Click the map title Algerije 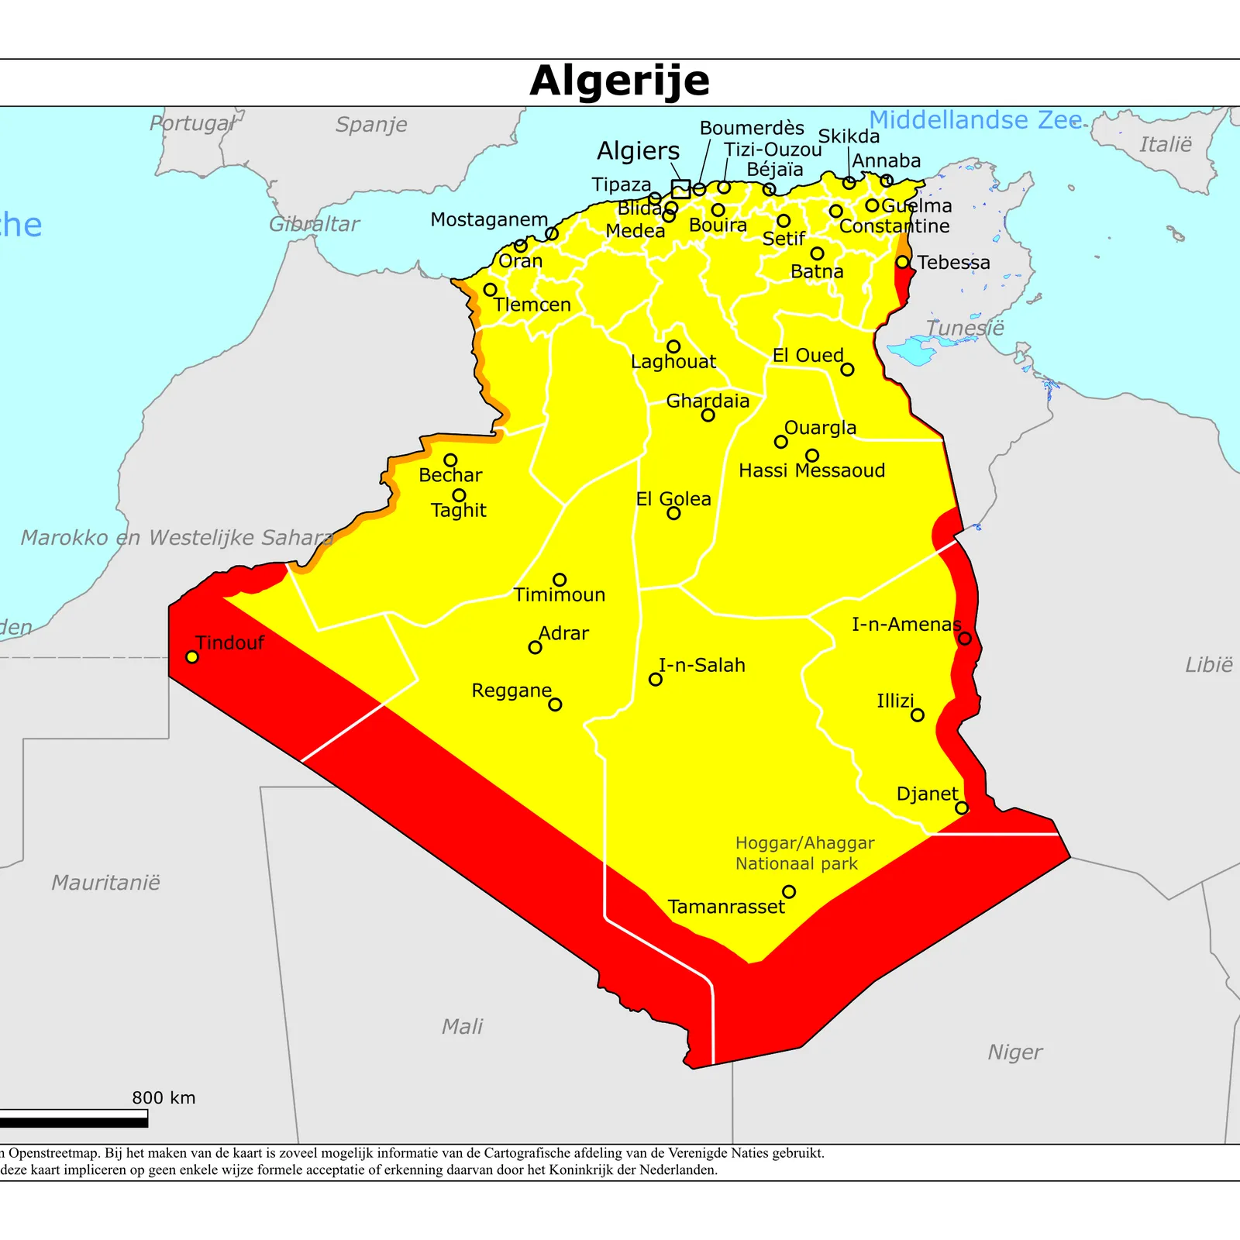[x=619, y=81]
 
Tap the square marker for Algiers [x=680, y=189]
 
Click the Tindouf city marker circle [x=192, y=657]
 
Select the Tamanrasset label [x=725, y=907]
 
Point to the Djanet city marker [x=962, y=808]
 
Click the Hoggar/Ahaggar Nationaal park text [x=804, y=853]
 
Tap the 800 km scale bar [x=74, y=1118]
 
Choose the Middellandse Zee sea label [x=975, y=120]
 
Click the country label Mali [x=462, y=1027]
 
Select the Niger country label [x=1014, y=1052]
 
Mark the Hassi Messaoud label [x=811, y=470]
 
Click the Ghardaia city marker [x=708, y=415]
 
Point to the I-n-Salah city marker [x=656, y=680]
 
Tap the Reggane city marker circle [x=555, y=704]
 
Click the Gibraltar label [x=314, y=225]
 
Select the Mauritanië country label [x=105, y=883]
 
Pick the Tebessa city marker [x=903, y=263]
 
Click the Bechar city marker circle [x=450, y=460]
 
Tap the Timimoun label [x=559, y=595]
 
